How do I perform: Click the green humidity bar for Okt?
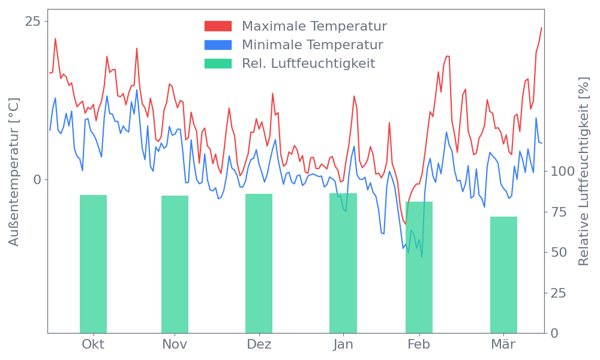click(x=93, y=264)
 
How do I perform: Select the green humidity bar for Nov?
click(x=175, y=264)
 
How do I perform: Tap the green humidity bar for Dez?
click(x=259, y=264)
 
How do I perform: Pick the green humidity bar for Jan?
click(x=343, y=264)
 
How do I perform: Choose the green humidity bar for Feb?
click(x=419, y=268)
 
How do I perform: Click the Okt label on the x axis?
click(x=93, y=344)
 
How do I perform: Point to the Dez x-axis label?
click(x=259, y=344)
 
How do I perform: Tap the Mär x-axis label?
click(x=503, y=344)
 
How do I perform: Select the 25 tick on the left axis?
click(x=34, y=22)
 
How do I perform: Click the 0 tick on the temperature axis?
click(x=37, y=179)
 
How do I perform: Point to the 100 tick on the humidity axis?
click(x=562, y=172)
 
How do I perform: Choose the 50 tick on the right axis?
click(x=559, y=252)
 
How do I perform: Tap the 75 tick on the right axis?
click(x=559, y=212)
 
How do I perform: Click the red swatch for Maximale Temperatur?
click(x=218, y=26)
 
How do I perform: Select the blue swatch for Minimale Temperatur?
click(x=218, y=45)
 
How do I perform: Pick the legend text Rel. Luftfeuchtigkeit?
click(x=308, y=64)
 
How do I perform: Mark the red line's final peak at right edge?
click(x=541, y=28)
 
